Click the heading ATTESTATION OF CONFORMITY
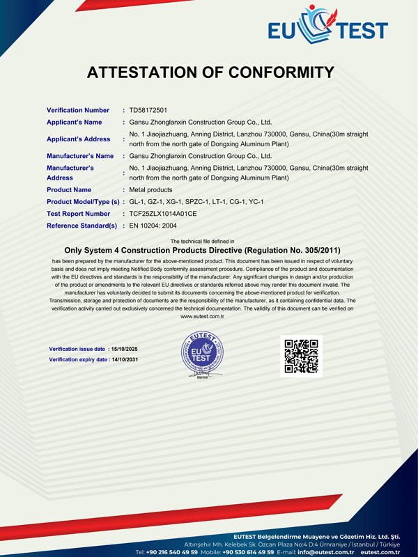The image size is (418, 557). [x=210, y=72]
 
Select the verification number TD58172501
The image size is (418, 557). [x=148, y=110]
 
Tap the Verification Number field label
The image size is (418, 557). [x=78, y=110]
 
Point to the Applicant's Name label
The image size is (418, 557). [x=75, y=122]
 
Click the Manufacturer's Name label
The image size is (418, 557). [x=80, y=156]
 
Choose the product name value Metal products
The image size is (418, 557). [x=151, y=190]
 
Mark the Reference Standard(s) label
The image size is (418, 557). [x=82, y=226]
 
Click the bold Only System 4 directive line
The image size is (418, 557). [x=202, y=249]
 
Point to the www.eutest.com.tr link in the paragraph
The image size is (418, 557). [x=202, y=316]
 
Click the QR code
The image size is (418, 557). [x=302, y=356]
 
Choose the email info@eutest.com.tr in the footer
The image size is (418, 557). [x=326, y=551]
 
